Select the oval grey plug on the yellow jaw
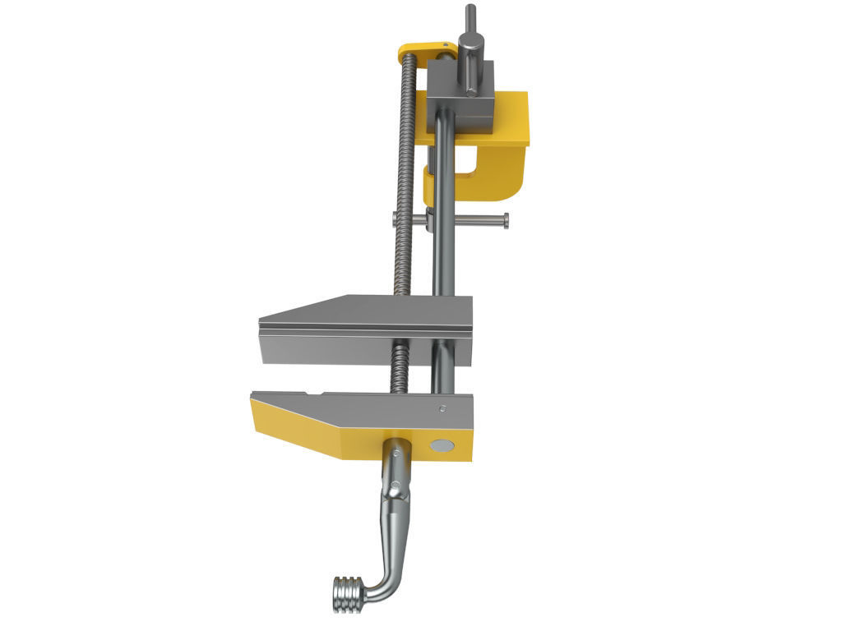coord(442,445)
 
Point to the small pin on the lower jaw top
coord(442,408)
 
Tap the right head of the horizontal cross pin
coord(505,219)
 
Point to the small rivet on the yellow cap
coord(444,46)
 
